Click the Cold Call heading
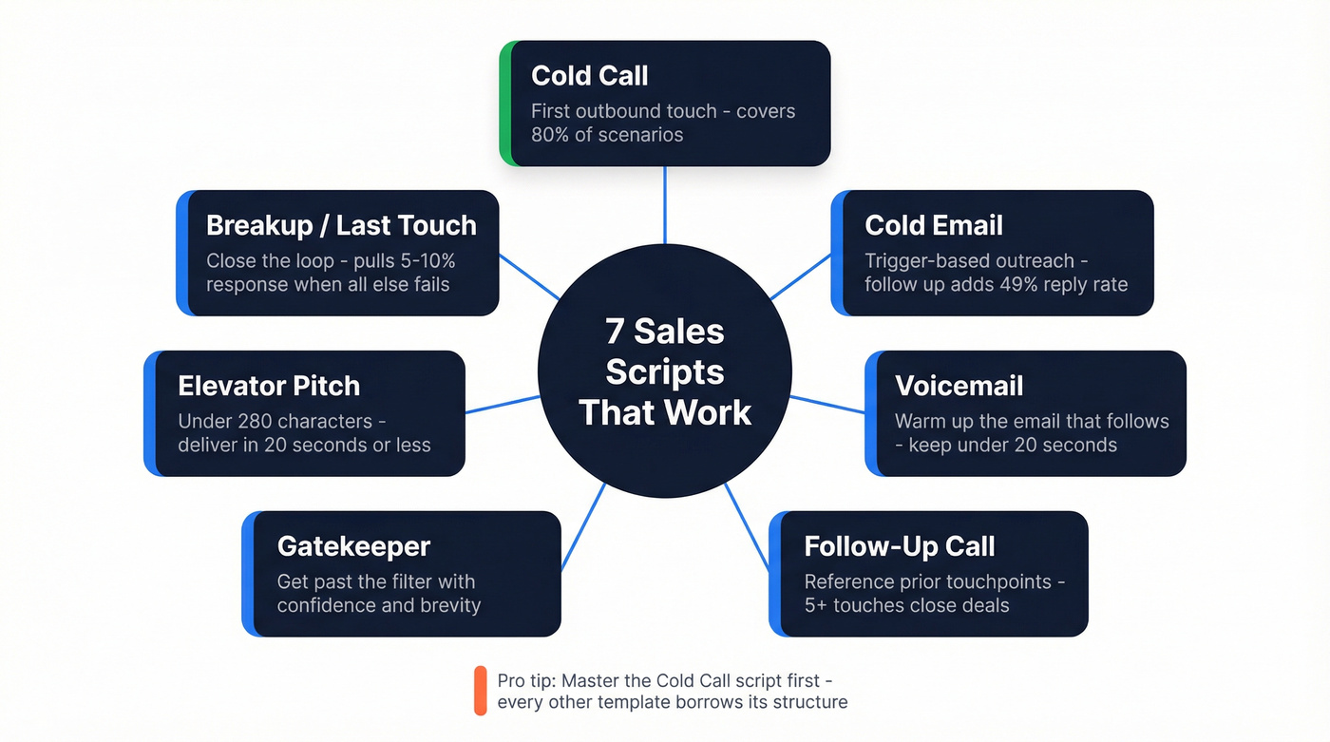click(x=589, y=76)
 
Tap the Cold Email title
click(x=933, y=225)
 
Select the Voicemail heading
click(x=959, y=386)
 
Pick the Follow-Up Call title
click(x=899, y=546)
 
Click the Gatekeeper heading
click(x=353, y=546)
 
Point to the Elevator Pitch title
click(x=269, y=386)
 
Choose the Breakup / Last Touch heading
click(x=341, y=225)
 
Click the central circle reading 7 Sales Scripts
click(x=664, y=371)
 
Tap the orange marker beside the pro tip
click(x=480, y=691)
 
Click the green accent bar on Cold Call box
click(x=505, y=103)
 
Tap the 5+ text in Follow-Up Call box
click(x=816, y=605)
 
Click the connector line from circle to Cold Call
click(x=664, y=204)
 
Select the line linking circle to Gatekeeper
click(x=582, y=526)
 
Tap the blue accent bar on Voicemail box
click(x=871, y=413)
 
